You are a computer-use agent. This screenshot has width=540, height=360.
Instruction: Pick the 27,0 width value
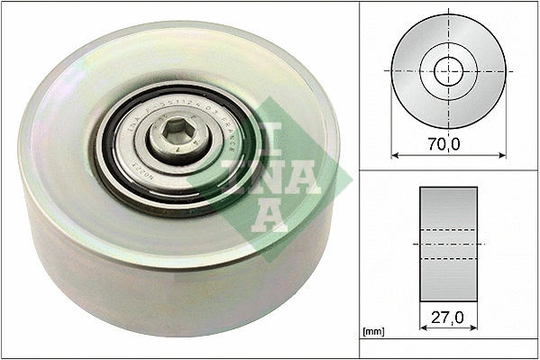point(448,318)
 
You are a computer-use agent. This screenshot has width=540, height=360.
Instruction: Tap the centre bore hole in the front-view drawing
point(448,70)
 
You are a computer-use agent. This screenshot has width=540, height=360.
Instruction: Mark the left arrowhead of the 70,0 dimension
point(393,153)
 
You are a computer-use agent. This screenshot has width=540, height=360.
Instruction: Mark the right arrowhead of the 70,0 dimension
point(503,153)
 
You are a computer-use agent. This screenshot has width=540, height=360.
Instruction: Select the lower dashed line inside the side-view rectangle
point(448,259)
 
